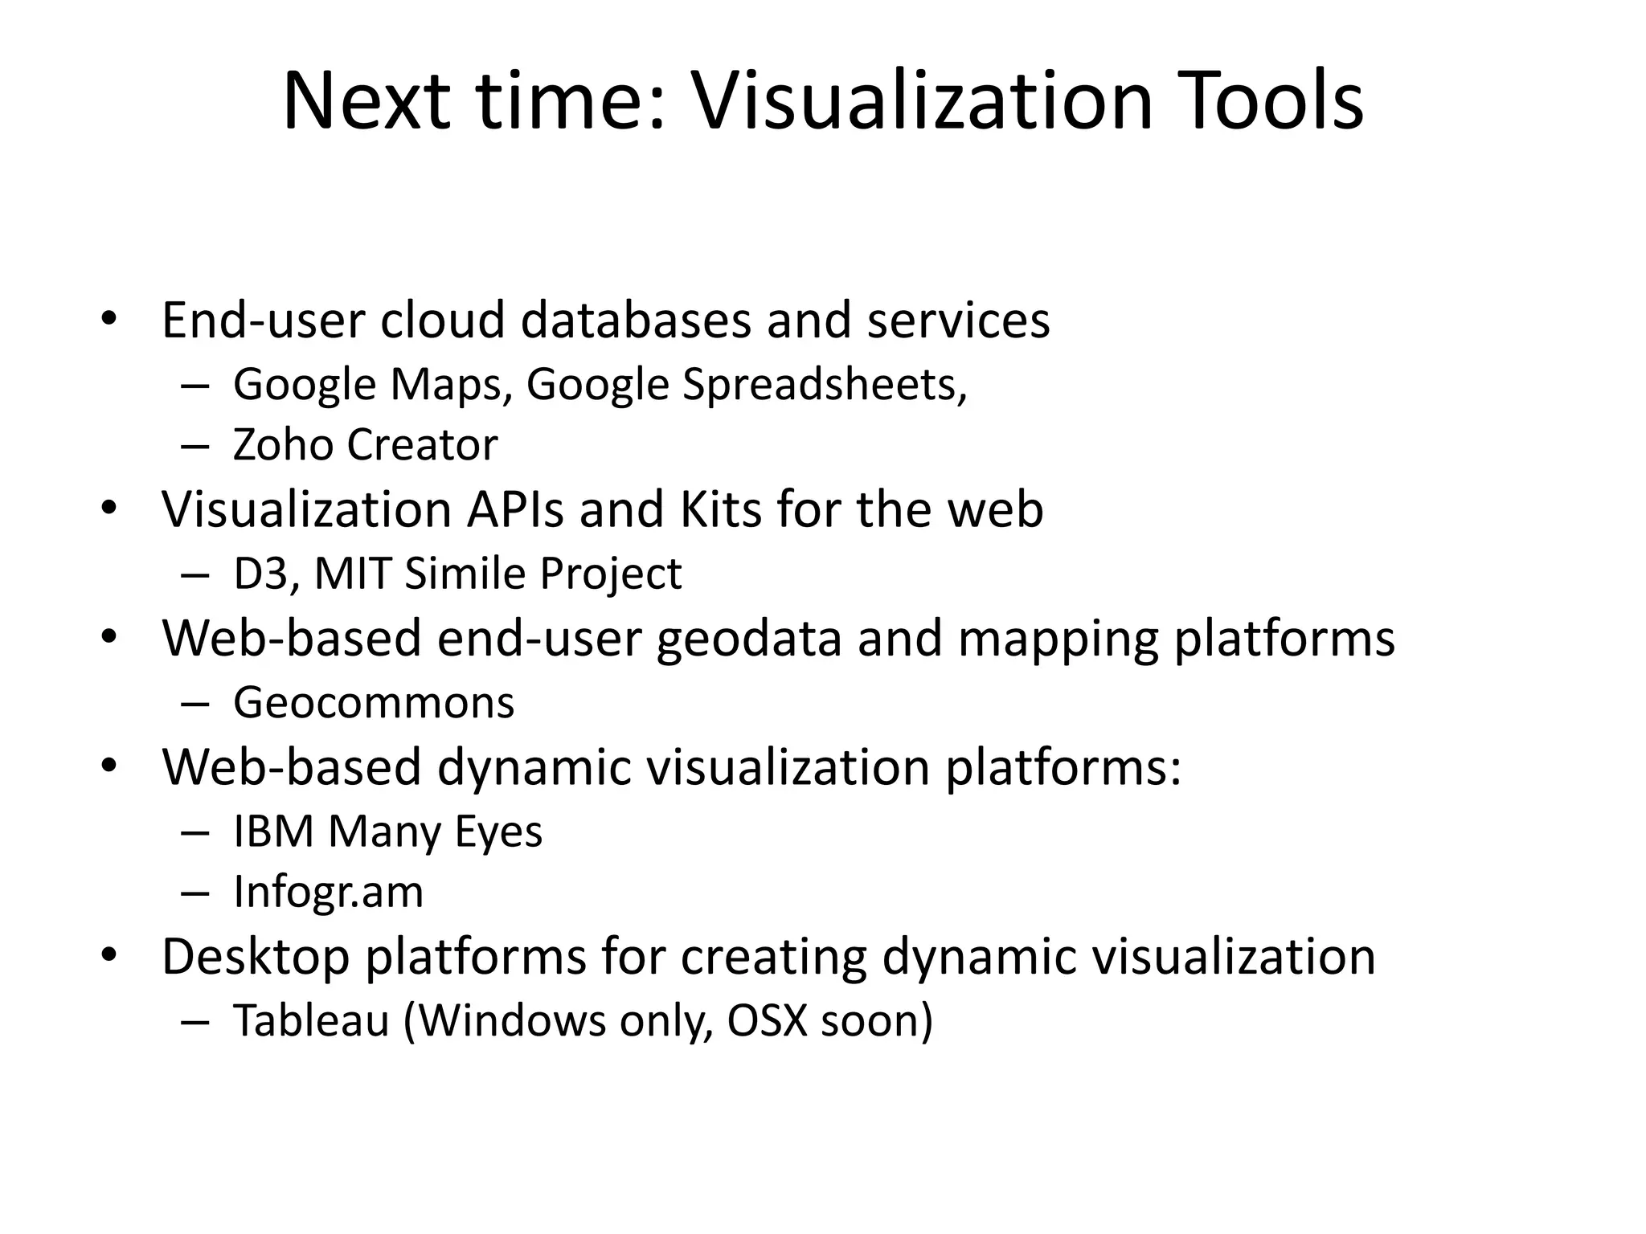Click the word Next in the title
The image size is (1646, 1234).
point(366,101)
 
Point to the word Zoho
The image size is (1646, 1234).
point(283,444)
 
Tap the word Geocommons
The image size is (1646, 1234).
point(374,703)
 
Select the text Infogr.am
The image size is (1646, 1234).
point(328,892)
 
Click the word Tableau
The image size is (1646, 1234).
point(311,1021)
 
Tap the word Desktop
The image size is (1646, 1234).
point(256,957)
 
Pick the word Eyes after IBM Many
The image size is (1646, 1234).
point(498,832)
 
